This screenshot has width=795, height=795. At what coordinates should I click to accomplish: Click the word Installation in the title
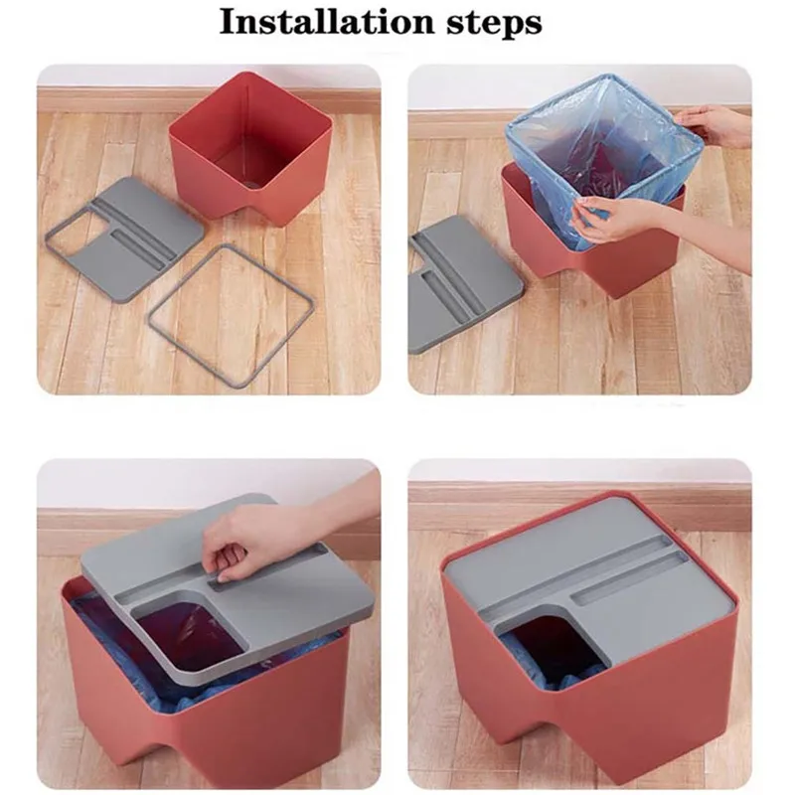click(x=328, y=22)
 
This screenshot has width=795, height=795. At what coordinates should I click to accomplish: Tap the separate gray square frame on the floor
click(x=231, y=310)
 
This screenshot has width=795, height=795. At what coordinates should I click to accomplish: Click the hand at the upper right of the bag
click(x=715, y=126)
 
